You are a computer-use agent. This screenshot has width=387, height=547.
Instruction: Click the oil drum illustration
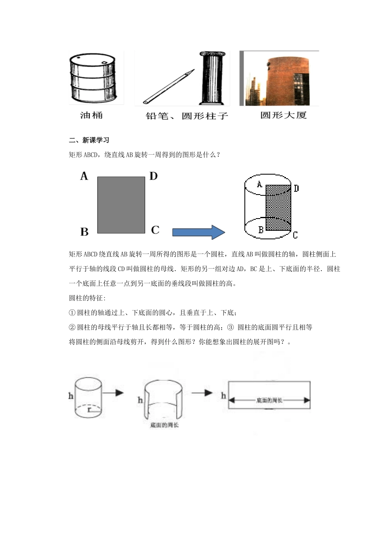(94, 78)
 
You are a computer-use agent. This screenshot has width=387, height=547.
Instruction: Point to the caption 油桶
(91, 116)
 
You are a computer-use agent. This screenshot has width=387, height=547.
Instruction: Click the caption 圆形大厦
(283, 116)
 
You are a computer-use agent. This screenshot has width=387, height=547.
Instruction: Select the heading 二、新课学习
(89, 140)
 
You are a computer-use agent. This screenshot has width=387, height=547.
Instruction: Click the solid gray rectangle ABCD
(121, 205)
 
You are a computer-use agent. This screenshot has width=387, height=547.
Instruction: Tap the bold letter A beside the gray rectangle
(84, 176)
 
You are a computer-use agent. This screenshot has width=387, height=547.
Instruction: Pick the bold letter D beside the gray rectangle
(153, 176)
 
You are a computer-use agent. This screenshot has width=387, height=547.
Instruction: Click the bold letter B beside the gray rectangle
(84, 232)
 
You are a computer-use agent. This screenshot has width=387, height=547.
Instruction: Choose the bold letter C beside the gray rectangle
(155, 230)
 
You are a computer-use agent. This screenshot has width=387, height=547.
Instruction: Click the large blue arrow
(198, 232)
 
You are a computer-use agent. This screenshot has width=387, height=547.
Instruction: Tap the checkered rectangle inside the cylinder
(278, 208)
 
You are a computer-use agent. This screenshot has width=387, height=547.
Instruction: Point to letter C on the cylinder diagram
(295, 235)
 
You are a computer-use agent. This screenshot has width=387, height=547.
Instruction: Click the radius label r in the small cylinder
(89, 410)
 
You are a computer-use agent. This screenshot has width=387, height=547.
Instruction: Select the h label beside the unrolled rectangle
(223, 396)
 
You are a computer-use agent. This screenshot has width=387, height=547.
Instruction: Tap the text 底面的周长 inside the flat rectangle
(269, 400)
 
